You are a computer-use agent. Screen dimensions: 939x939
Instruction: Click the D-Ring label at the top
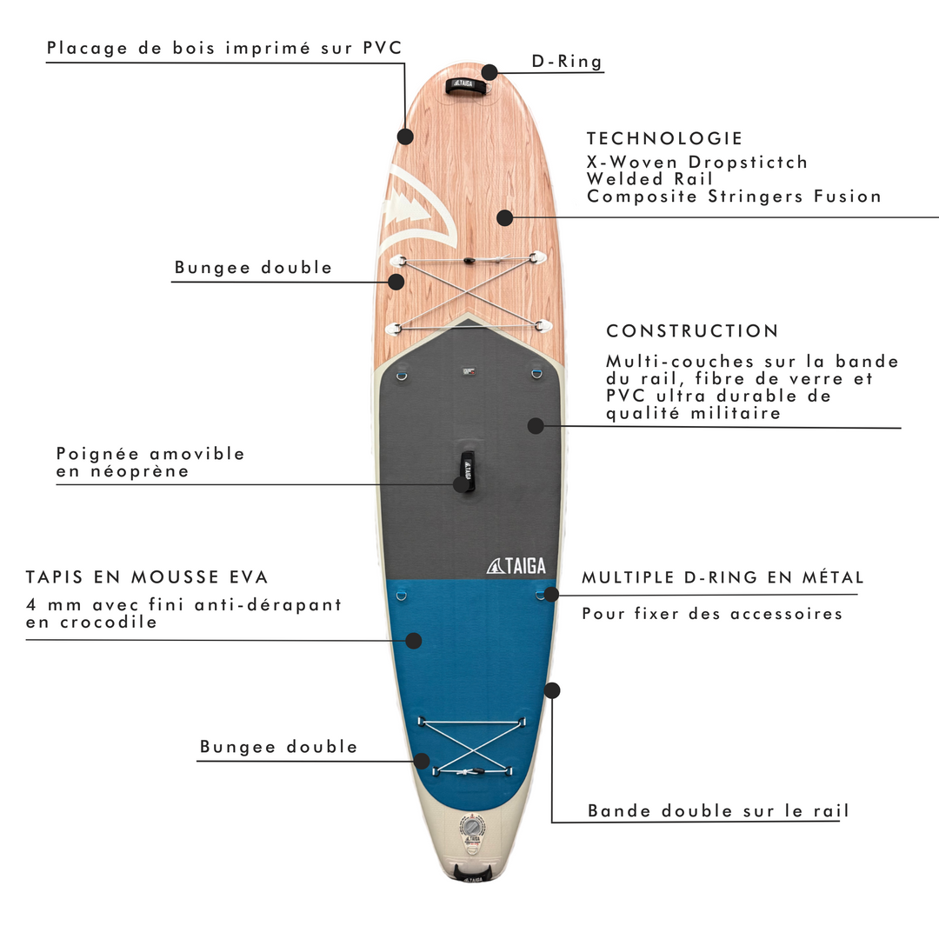567,62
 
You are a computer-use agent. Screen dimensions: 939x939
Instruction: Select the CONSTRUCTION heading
692,330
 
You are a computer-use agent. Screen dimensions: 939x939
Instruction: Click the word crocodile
109,623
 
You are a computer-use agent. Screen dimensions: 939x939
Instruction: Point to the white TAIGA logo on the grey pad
516,566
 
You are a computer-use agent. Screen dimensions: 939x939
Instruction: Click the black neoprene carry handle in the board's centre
468,471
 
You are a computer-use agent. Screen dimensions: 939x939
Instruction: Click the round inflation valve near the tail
472,828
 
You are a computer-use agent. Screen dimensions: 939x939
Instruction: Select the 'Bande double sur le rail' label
718,811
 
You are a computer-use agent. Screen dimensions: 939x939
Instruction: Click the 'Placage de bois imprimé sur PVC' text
224,48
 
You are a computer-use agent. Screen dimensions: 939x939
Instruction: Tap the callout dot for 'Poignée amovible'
461,484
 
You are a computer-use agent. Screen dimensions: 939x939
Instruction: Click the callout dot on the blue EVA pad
414,641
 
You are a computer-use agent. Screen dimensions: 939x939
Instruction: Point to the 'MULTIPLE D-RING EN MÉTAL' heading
723,577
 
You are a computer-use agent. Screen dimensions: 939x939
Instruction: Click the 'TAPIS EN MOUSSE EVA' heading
147,576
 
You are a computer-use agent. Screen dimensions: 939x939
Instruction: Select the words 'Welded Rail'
649,179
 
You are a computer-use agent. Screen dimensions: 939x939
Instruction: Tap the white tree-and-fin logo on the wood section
419,207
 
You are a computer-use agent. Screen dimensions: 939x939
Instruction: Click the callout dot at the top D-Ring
489,72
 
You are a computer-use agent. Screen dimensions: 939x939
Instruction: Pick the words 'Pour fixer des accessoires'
712,614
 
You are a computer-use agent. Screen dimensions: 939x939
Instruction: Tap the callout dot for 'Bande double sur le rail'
552,690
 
